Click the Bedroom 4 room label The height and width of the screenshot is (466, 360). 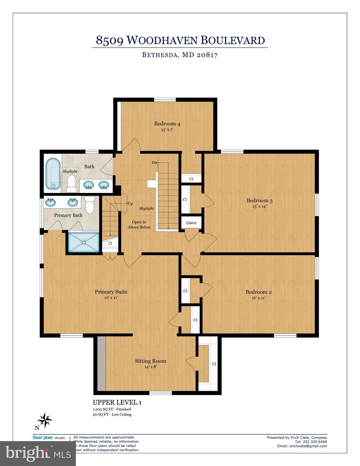167,123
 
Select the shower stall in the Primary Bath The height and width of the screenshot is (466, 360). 84,242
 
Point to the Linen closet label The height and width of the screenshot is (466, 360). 191,223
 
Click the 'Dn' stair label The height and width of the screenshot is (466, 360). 154,163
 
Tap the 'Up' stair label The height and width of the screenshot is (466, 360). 130,203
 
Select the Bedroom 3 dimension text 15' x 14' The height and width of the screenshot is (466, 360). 259,206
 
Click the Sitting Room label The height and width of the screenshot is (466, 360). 151,361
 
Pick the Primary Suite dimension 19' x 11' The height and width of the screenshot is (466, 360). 111,298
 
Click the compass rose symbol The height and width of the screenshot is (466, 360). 45,420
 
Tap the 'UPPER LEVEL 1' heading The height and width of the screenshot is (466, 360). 117,402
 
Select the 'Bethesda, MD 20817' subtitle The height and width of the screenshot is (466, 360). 180,55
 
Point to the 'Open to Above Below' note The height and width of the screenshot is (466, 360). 139,225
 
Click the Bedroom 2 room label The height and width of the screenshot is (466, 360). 259,292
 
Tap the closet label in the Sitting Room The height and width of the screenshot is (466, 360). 214,364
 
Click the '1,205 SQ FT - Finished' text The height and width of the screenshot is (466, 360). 112,409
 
